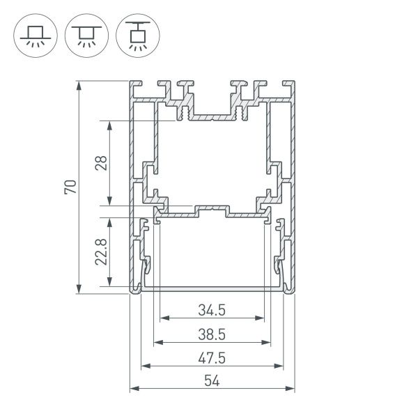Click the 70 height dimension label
70,187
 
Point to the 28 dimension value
102,164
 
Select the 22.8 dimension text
102,251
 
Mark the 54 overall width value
212,380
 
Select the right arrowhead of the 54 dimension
290,388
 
